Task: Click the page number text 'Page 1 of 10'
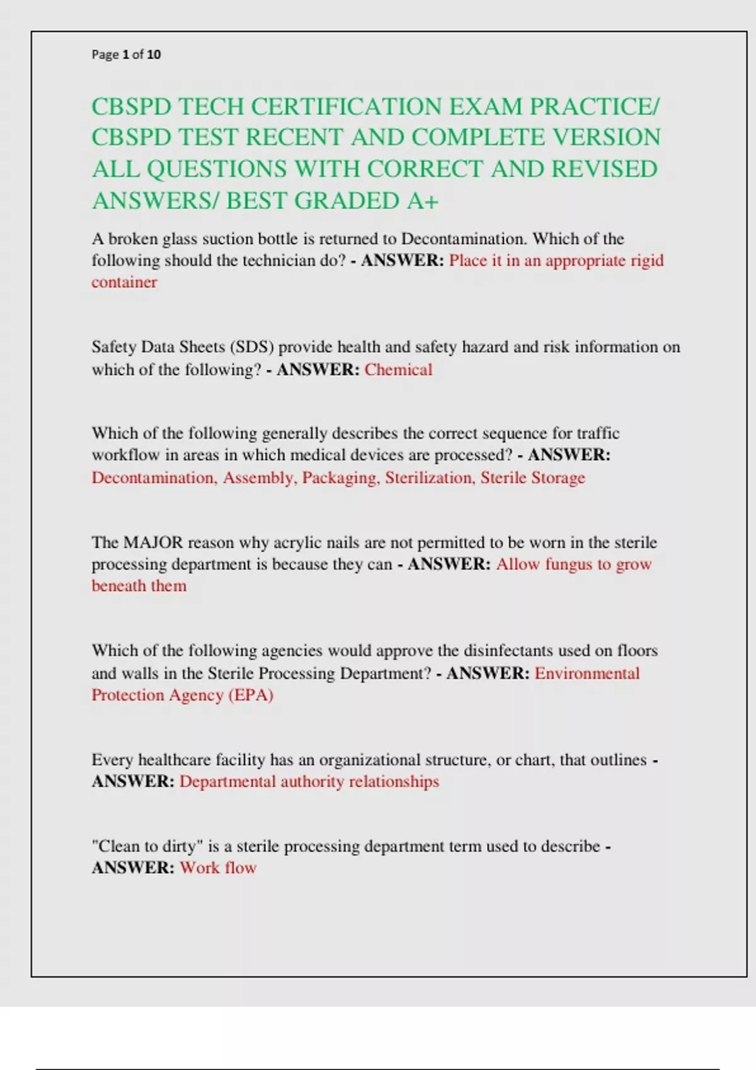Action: coord(126,55)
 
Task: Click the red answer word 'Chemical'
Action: coord(398,369)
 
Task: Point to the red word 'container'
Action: coord(124,282)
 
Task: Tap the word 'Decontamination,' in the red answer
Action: coord(154,478)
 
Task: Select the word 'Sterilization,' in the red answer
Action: coord(430,478)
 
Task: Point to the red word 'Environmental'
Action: coord(587,673)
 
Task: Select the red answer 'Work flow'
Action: coord(218,868)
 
